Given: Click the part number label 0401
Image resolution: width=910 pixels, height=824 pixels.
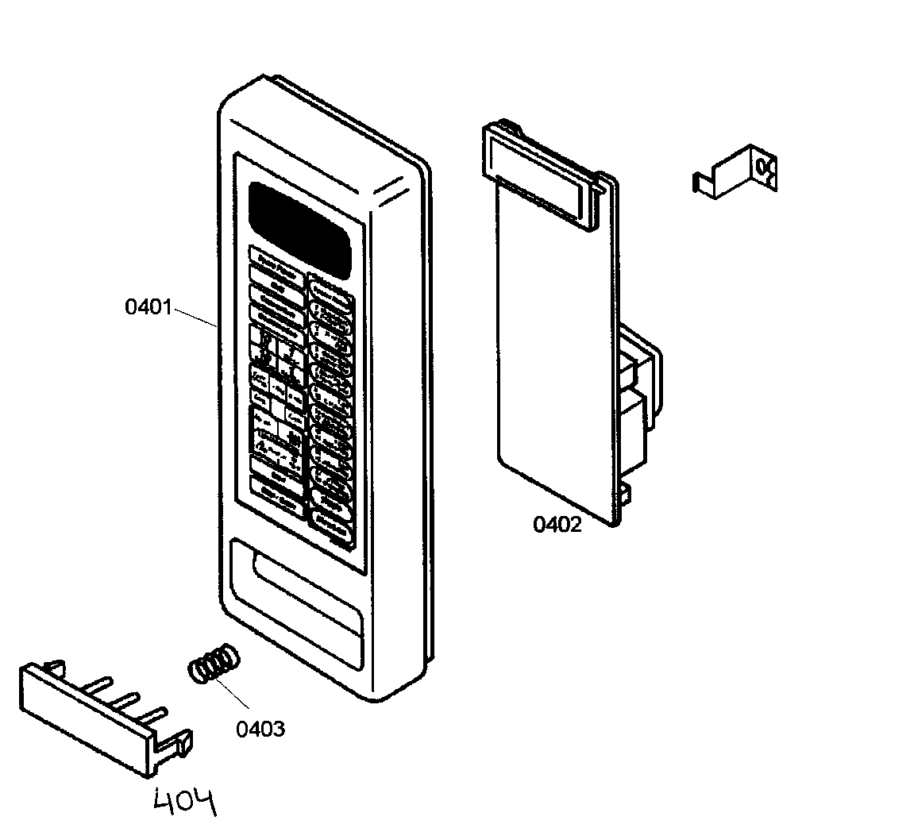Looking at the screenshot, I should pos(148,306).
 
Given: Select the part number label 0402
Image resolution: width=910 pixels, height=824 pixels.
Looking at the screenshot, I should pos(557,525).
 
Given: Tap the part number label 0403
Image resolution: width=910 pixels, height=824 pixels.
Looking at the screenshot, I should pos(260,729).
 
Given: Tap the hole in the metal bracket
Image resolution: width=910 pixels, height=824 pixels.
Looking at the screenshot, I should pos(764,167).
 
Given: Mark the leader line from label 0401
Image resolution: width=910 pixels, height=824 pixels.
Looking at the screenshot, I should pos(194,317).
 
